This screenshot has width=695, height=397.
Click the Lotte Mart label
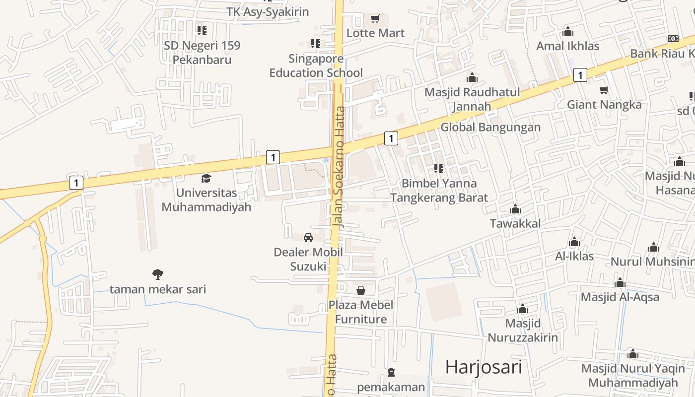[375, 33]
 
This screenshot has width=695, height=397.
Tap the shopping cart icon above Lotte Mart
[375, 19]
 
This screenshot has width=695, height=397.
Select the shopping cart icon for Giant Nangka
[604, 90]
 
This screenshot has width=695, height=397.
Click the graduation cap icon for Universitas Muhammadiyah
[206, 178]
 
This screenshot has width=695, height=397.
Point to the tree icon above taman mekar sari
[158, 274]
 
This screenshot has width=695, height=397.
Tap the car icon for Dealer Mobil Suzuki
[308, 238]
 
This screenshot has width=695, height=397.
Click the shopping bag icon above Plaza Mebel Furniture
[361, 290]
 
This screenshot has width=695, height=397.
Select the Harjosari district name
[484, 367]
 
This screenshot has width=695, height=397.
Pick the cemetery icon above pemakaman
[391, 372]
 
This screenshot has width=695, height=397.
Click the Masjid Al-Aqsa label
[620, 297]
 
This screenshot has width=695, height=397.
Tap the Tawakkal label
[515, 223]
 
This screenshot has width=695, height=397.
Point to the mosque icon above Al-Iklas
[574, 242]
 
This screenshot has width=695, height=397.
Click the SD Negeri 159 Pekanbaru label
[202, 53]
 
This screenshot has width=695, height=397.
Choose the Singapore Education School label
[316, 66]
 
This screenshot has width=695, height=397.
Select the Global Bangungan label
[490, 127]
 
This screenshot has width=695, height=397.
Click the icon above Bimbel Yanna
[439, 169]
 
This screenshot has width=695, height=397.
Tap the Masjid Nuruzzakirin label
[523, 331]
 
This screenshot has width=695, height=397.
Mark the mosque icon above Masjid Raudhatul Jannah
[472, 78]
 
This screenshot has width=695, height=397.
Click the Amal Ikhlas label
[568, 46]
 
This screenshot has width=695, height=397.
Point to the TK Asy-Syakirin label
[268, 12]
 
